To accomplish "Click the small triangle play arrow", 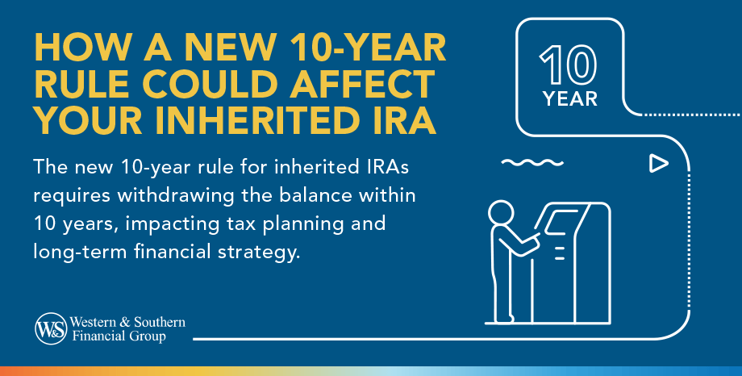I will tap(659, 164).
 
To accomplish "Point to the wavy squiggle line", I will tap(525, 163).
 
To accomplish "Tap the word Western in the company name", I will tap(92, 322).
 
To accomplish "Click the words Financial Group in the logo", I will tap(117, 336).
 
